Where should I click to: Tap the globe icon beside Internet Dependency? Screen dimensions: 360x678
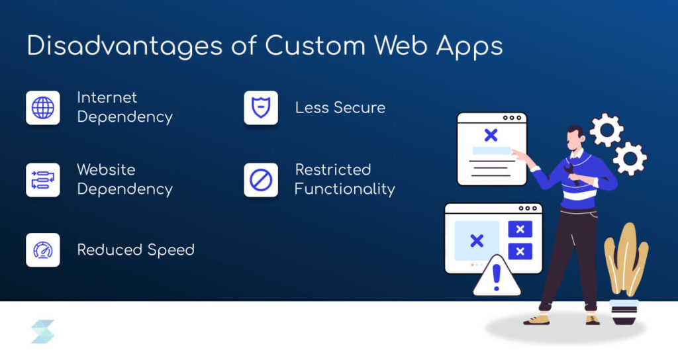tap(43, 107)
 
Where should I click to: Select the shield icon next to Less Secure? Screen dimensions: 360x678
tap(261, 107)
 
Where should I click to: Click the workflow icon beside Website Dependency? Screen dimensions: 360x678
tap(43, 180)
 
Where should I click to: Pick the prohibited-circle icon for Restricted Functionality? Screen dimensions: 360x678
tap(261, 180)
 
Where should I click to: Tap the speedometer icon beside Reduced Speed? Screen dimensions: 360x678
tap(43, 250)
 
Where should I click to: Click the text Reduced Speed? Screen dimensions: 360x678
tap(136, 250)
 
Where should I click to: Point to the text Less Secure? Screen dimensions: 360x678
tap(340, 107)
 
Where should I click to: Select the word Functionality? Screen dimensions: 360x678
tap(344, 189)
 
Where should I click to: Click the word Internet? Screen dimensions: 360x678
tap(107, 98)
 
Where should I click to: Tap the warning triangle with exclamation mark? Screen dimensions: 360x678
tap(497, 277)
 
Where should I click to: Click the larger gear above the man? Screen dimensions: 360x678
tap(606, 130)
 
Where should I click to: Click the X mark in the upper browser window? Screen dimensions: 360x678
tap(491, 136)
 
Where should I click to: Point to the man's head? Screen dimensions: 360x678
tap(575, 137)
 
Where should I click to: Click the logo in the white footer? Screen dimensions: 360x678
tap(43, 332)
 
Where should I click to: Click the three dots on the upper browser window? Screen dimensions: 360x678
tap(512, 118)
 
